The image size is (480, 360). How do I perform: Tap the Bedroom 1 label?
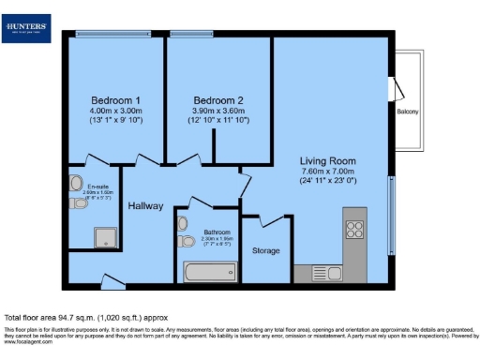click(116, 100)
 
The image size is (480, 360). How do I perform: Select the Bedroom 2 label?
click(218, 100)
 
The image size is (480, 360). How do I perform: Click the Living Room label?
click(327, 160)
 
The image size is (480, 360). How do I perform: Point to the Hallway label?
click(146, 205)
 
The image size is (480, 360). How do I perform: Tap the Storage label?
click(266, 250)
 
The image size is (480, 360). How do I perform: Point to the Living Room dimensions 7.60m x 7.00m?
click(327, 172)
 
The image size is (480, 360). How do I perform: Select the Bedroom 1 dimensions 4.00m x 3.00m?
click(116, 112)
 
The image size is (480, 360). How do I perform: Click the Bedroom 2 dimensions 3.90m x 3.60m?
click(218, 112)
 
